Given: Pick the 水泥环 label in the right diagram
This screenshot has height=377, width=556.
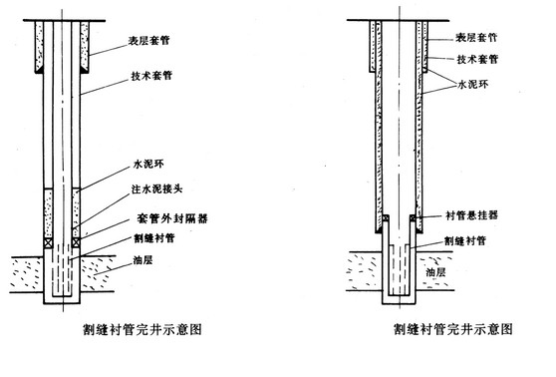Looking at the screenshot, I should coord(472,85).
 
